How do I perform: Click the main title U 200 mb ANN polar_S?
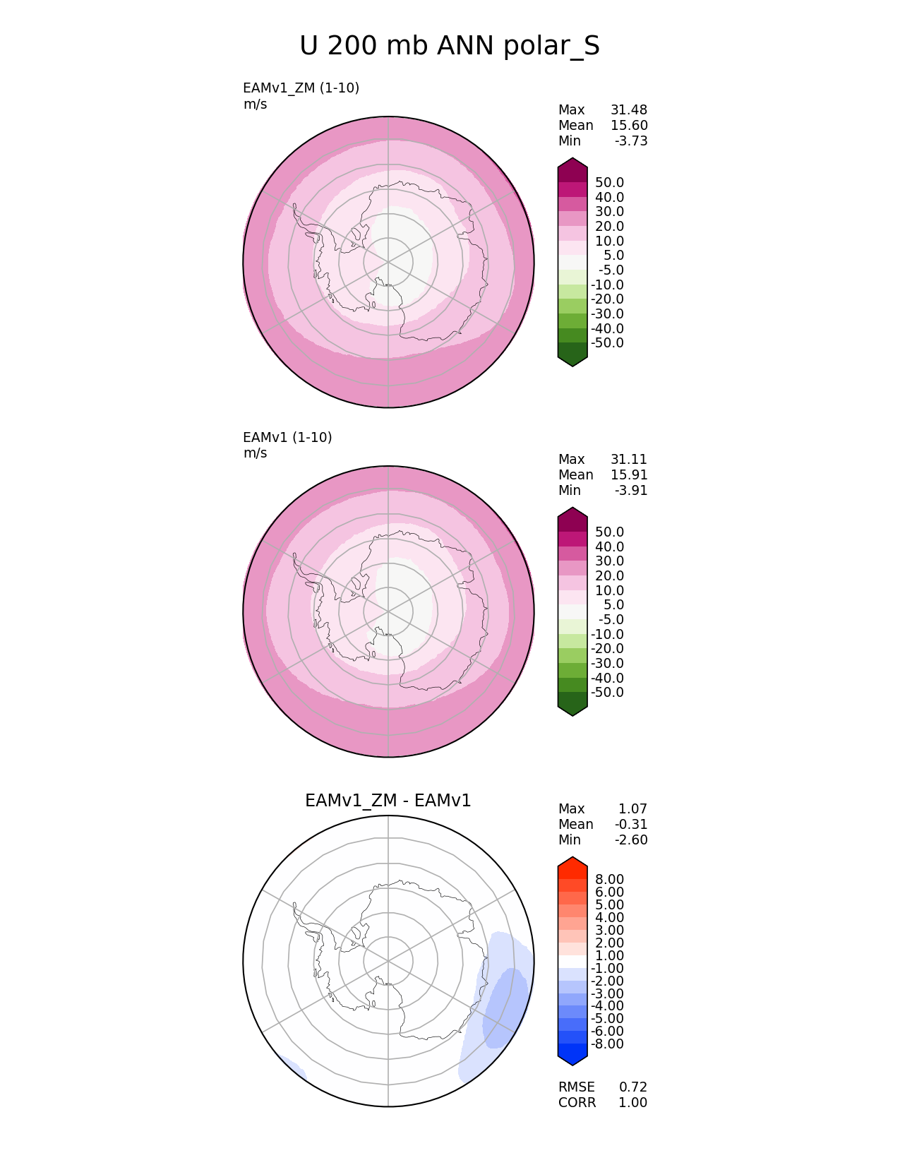(x=449, y=46)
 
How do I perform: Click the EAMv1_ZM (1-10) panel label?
(x=301, y=88)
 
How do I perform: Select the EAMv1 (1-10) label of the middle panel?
(x=287, y=438)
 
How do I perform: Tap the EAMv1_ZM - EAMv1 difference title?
(x=388, y=801)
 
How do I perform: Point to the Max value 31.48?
(x=629, y=110)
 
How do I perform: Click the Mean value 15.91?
(x=629, y=475)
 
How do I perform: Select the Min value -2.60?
(x=631, y=840)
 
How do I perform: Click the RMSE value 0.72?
(x=633, y=1087)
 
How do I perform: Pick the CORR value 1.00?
(x=633, y=1103)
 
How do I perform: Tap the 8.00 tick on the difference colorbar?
(x=609, y=879)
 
